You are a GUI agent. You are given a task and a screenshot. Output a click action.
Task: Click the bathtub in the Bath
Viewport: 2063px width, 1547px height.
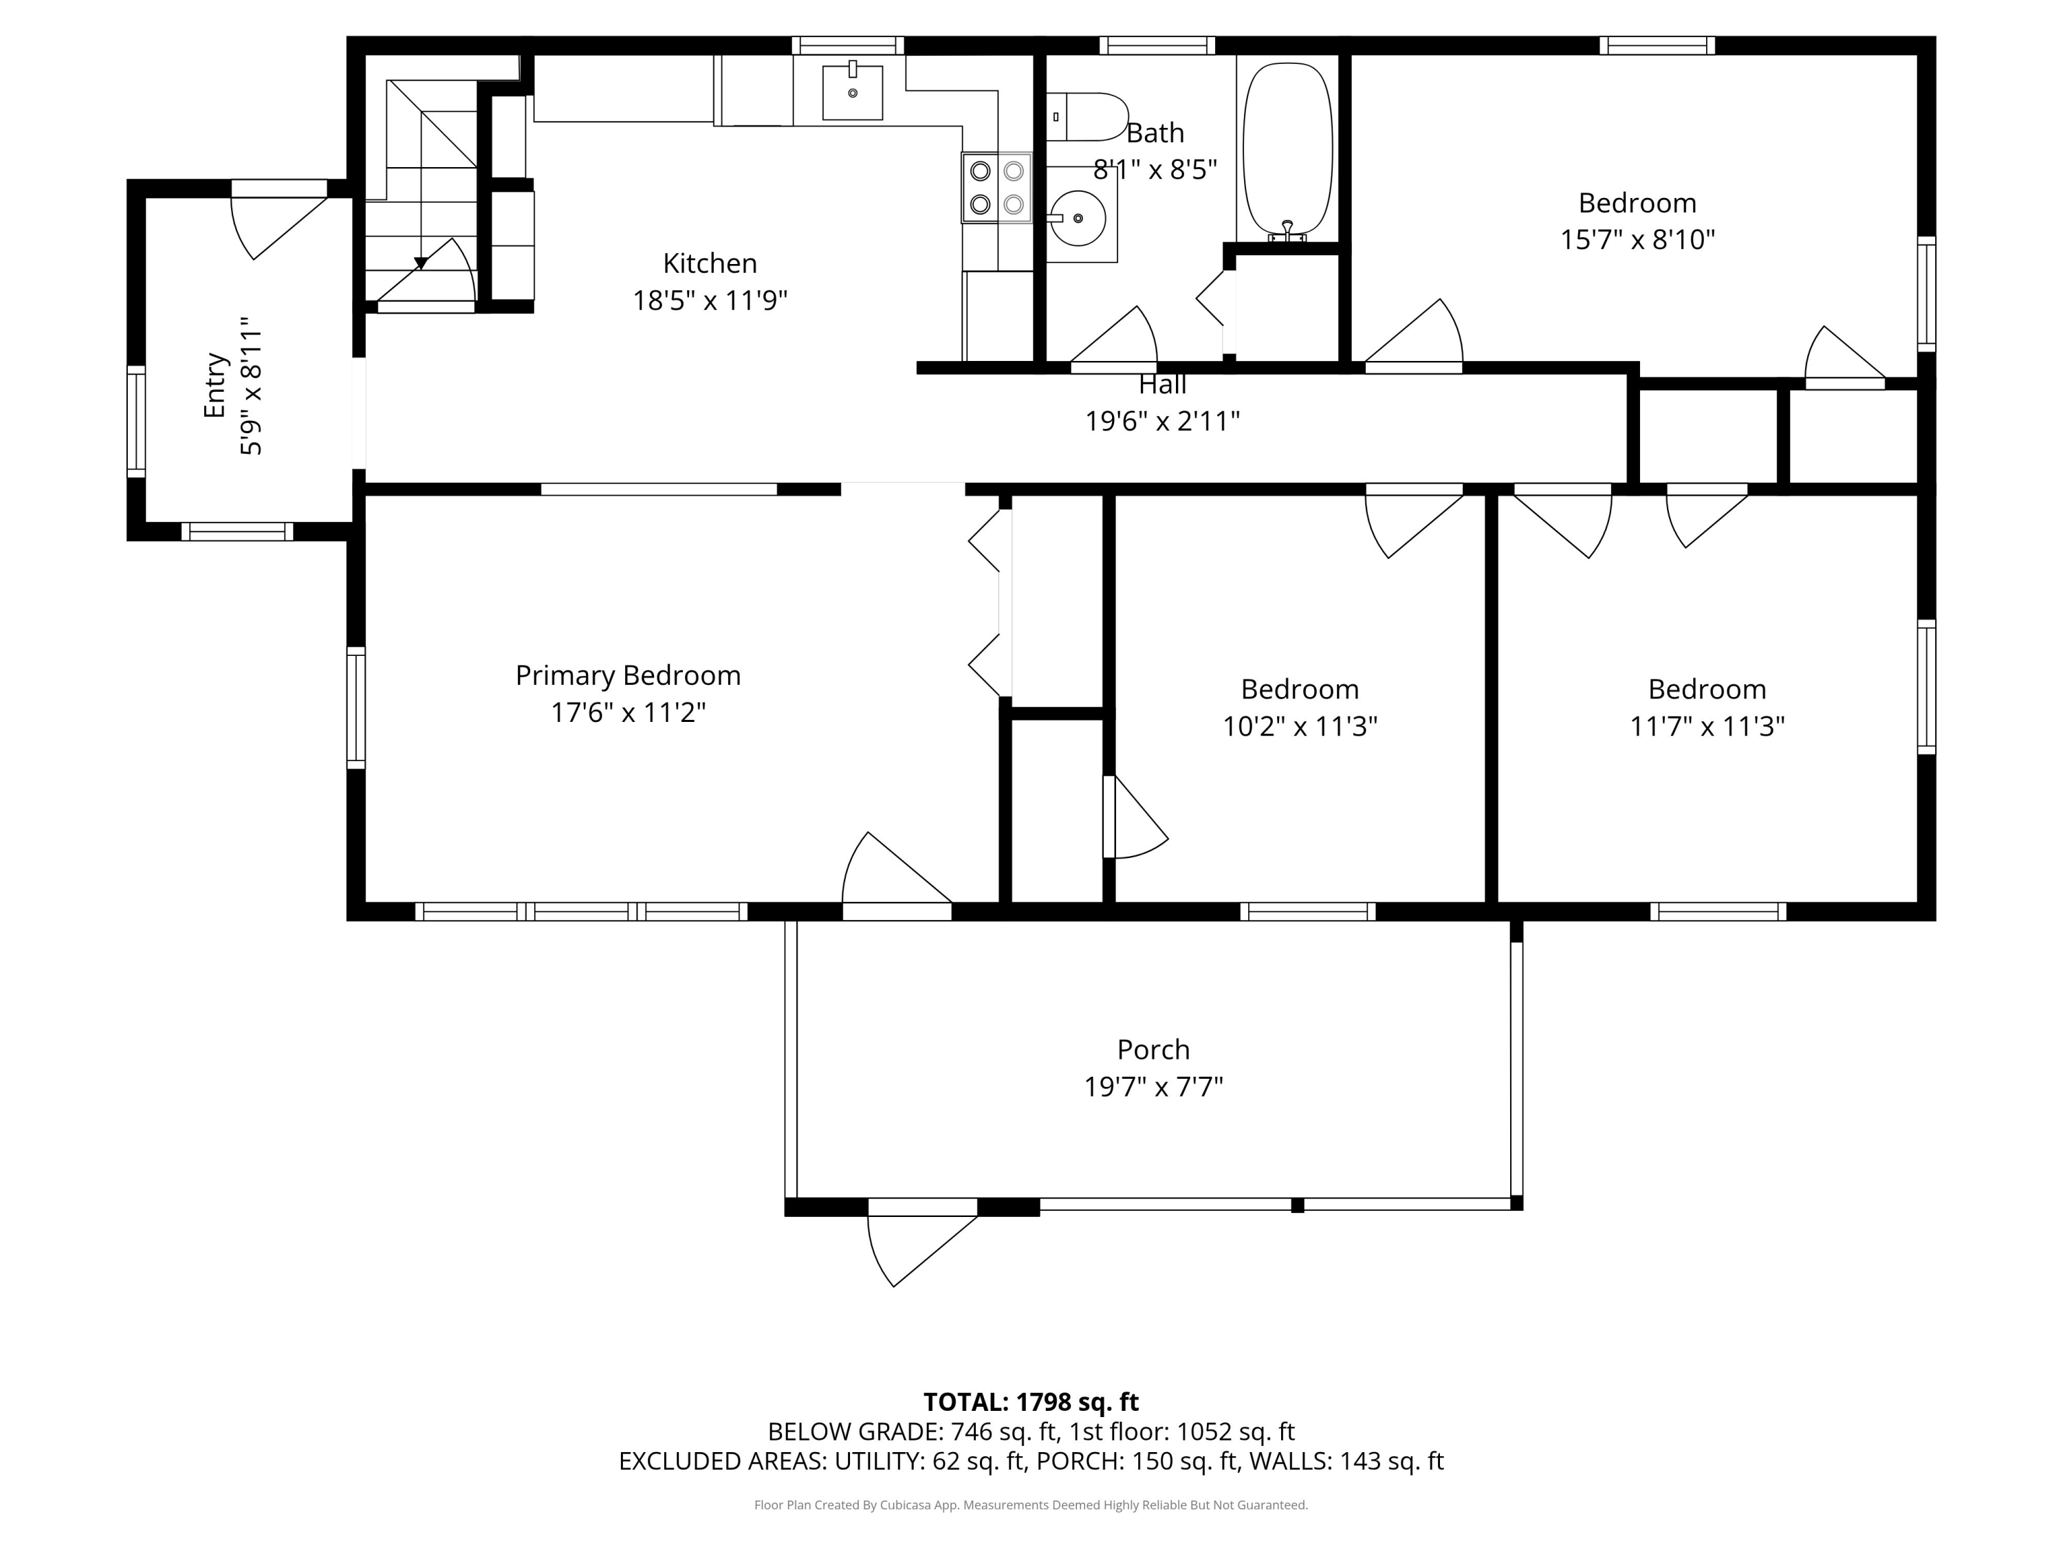(x=1287, y=149)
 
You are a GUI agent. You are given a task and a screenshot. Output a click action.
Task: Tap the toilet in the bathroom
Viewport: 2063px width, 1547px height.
(x=1087, y=117)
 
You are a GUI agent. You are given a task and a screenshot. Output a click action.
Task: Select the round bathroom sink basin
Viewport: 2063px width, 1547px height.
(x=1078, y=218)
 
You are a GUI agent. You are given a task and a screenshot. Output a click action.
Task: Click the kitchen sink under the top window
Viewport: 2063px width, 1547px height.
(x=853, y=92)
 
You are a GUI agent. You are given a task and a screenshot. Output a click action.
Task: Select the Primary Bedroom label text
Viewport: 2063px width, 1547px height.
(x=628, y=676)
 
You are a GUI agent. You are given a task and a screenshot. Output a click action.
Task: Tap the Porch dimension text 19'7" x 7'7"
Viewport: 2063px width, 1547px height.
(x=1153, y=1087)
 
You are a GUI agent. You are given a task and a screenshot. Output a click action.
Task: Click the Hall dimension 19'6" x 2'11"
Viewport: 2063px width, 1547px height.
(x=1162, y=421)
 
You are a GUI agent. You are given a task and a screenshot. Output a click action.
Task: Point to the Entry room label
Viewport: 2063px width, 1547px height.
(x=215, y=385)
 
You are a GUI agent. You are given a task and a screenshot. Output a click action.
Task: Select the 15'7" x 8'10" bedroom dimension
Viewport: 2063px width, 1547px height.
(x=1638, y=240)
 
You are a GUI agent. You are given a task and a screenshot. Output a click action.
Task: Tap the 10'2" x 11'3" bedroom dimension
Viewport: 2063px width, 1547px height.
(x=1300, y=727)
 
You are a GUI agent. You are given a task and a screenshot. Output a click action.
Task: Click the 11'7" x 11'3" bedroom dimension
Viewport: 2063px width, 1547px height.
(x=1707, y=727)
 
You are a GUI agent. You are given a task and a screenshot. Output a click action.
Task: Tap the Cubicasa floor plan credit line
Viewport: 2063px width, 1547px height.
(x=1031, y=1505)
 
